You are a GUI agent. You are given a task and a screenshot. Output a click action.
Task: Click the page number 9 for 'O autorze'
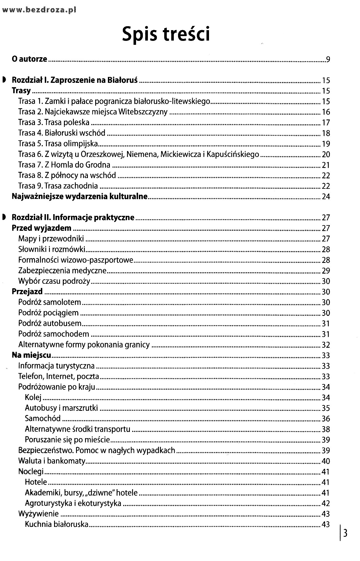pyautogui.click(x=328, y=59)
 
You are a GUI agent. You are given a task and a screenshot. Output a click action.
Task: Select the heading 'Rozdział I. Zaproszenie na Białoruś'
pyautogui.click(x=75, y=80)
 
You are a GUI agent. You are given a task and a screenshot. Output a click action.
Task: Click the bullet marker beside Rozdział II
pyautogui.click(x=4, y=217)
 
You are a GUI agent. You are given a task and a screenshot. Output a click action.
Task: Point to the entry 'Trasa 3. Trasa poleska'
pyautogui.click(x=54, y=123)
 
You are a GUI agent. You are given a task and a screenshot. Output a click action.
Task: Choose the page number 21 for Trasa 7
pyautogui.click(x=326, y=165)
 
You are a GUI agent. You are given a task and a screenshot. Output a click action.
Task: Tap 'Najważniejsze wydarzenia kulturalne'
pyautogui.click(x=80, y=196)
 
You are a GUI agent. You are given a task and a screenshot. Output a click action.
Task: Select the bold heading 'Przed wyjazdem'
pyautogui.click(x=41, y=228)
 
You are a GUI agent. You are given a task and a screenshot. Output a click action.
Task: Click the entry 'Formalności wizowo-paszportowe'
pyautogui.click(x=75, y=260)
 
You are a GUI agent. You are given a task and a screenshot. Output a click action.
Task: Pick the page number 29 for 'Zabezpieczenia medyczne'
pyautogui.click(x=326, y=271)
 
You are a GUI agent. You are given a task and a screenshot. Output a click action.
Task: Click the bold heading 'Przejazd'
pyautogui.click(x=27, y=291)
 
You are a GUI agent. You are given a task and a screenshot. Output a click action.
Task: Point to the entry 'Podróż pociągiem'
pyautogui.click(x=48, y=313)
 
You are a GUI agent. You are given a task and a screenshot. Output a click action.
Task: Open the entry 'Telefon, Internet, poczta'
pyautogui.click(x=59, y=376)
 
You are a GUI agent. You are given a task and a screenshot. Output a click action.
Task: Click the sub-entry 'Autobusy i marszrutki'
pyautogui.click(x=61, y=408)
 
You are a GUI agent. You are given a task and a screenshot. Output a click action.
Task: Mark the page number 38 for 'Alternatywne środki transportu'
pyautogui.click(x=326, y=429)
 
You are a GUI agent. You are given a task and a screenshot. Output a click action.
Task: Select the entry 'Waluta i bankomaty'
pyautogui.click(x=52, y=461)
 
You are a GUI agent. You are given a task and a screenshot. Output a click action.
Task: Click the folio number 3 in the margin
pyautogui.click(x=345, y=533)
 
